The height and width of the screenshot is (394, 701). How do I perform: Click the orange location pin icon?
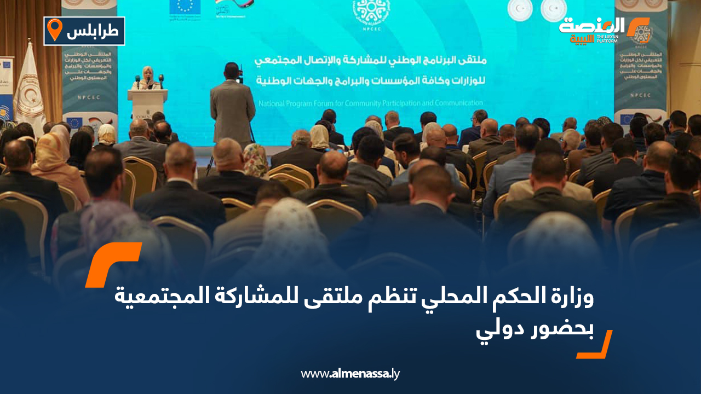pyautogui.click(x=54, y=30)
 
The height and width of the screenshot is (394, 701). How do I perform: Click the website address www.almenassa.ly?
pyautogui.click(x=350, y=374)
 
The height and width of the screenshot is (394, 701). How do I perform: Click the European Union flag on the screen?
pyautogui.click(x=185, y=6)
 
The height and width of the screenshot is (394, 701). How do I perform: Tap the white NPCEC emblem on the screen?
pyautogui.click(x=371, y=11)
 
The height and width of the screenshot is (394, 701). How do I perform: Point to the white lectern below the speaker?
pyautogui.click(x=147, y=104)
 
